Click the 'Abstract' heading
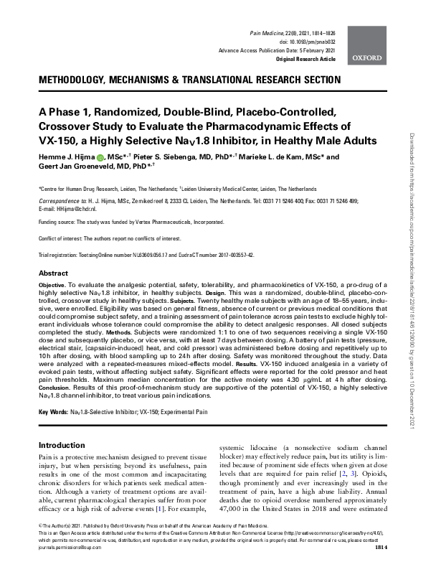(53, 274)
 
